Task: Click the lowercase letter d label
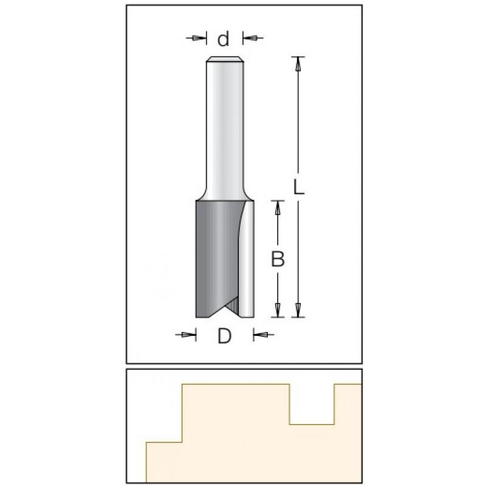pyautogui.click(x=223, y=39)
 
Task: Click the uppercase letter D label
pyautogui.click(x=224, y=336)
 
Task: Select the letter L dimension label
pyautogui.click(x=299, y=188)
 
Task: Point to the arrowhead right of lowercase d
pyautogui.click(x=250, y=38)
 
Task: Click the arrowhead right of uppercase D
pyautogui.click(x=261, y=335)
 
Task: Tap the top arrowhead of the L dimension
pyautogui.click(x=298, y=64)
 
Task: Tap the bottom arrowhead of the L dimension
pyautogui.click(x=298, y=310)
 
